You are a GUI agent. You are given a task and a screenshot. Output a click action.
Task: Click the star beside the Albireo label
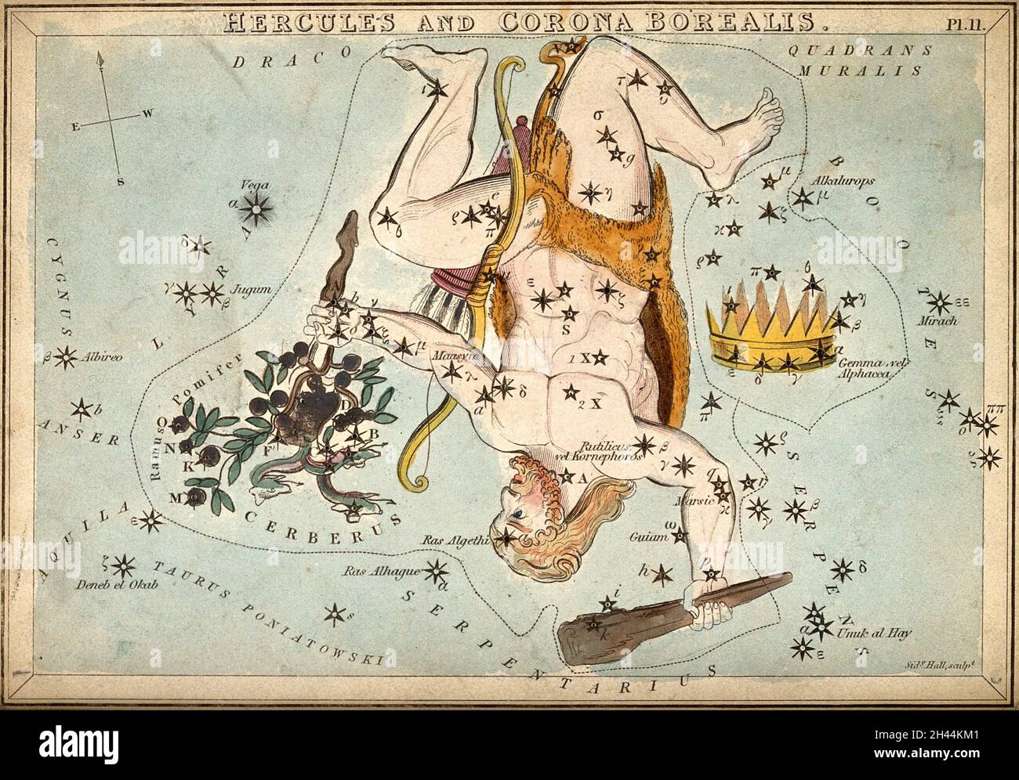click(x=69, y=357)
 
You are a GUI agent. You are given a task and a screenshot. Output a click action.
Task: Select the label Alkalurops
click(x=843, y=179)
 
